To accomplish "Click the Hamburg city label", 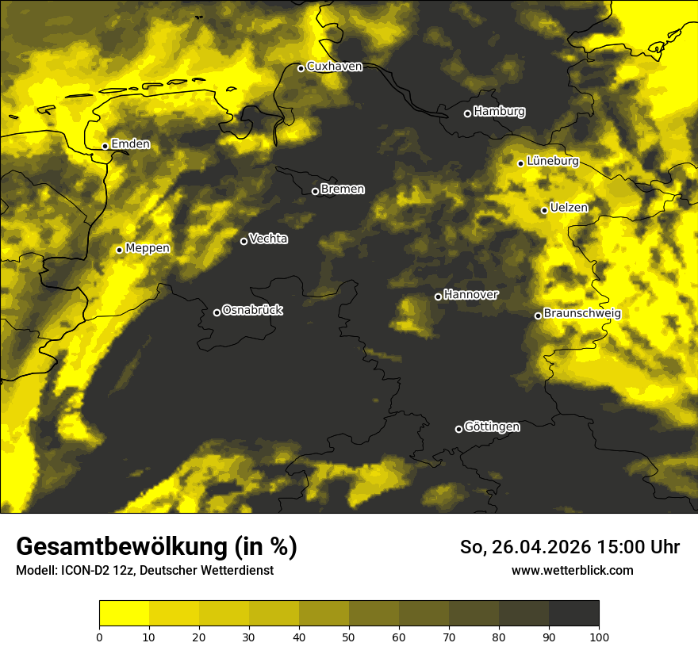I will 499,112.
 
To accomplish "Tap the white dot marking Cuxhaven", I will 301,68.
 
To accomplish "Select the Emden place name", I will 130,144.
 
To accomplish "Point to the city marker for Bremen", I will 315,191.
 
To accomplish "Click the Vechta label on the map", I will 268,239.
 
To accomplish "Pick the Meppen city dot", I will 119,250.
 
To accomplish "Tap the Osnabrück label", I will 252,310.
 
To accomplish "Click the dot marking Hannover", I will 438,296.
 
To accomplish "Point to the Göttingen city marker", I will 458,429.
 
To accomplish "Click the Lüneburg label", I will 552,161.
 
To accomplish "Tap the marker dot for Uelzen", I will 544,210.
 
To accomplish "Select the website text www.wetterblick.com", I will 573,570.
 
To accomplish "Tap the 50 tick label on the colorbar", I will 349,636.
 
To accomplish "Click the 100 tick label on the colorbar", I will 599,636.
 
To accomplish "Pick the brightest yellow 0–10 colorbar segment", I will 125,614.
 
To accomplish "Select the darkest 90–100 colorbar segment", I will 573,614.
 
